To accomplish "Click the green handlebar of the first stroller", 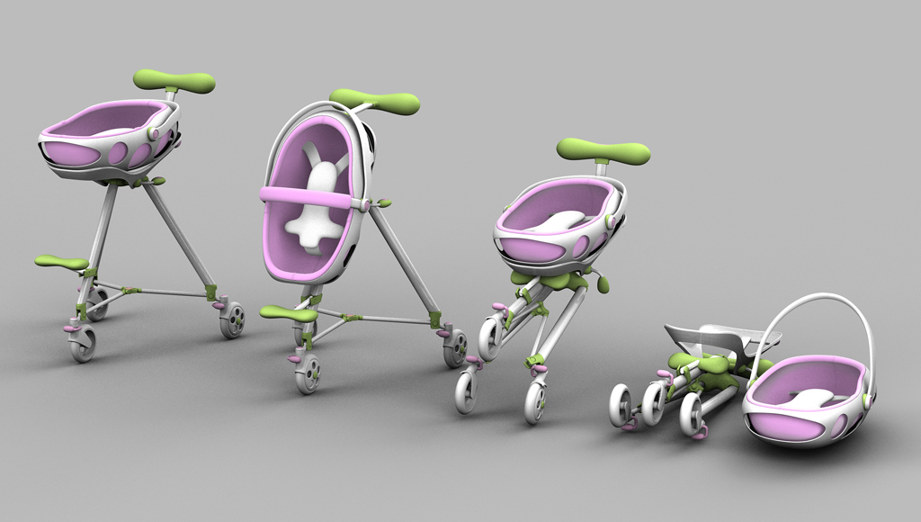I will coord(174,80).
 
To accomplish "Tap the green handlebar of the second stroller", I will coord(375,100).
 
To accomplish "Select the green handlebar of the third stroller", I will coord(603,150).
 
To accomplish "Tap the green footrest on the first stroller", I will coord(62,262).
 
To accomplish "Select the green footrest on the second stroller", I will coord(289,313).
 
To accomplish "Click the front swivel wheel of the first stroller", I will coord(82,344).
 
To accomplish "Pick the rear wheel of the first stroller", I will coord(232,319).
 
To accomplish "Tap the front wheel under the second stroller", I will coord(308,373).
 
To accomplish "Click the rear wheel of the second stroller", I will coord(455,347).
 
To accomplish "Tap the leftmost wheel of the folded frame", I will coord(621,405).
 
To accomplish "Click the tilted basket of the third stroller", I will coord(558,225).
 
